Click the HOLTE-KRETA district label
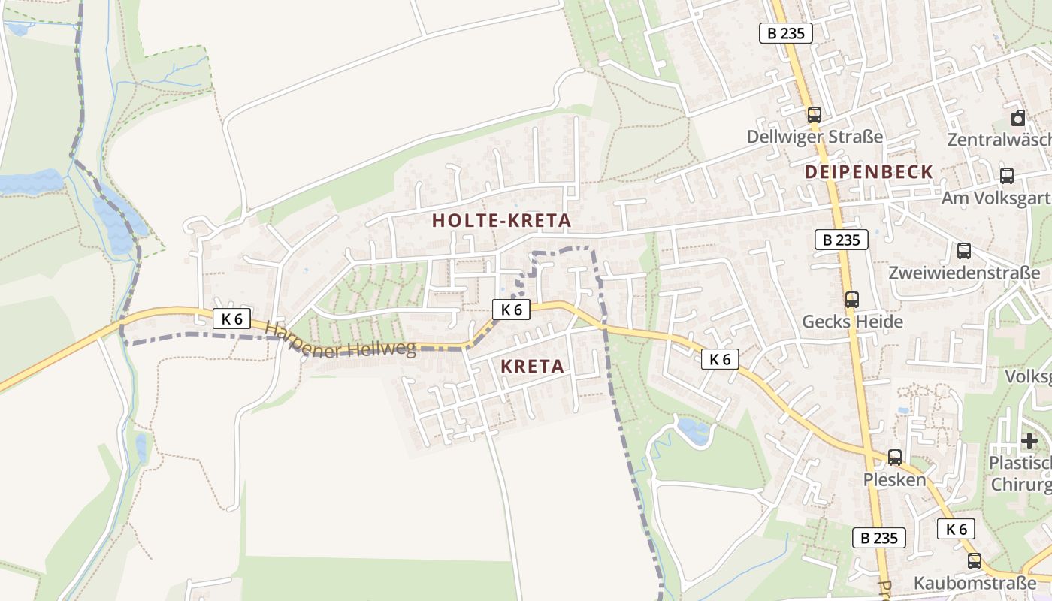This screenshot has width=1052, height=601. click(502, 221)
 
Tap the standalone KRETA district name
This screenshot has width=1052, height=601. click(532, 367)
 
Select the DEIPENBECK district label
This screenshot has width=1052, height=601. click(869, 172)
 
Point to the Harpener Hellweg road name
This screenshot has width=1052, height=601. click(340, 340)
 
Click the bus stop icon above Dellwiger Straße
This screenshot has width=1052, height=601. click(814, 115)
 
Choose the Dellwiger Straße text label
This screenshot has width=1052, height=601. click(815, 137)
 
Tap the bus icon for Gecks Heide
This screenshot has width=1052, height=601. click(851, 300)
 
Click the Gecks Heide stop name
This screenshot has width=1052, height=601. click(852, 322)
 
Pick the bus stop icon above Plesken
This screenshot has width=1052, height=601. click(894, 457)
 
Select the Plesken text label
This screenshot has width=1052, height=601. click(894, 479)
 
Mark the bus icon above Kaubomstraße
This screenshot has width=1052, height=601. click(974, 560)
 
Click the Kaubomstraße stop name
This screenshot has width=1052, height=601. click(975, 583)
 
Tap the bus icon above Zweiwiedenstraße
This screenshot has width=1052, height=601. click(963, 251)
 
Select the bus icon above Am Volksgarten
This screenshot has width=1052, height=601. click(1006, 176)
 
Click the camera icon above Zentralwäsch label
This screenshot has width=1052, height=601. click(1018, 118)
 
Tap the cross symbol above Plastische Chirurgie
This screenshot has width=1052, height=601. click(1029, 440)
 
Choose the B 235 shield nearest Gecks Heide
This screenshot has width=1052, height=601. click(841, 240)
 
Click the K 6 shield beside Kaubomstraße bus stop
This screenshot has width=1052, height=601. click(956, 529)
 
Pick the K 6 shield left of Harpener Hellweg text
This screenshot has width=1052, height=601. click(232, 319)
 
